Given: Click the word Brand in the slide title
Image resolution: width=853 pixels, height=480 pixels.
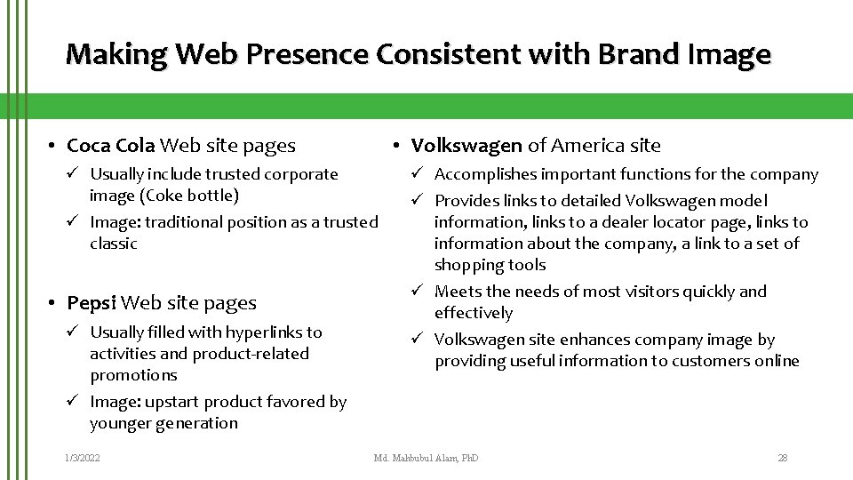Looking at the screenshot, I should tap(639, 55).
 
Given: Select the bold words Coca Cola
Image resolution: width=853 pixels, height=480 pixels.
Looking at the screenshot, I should tap(111, 145).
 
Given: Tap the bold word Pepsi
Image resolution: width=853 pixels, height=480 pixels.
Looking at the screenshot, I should tap(92, 303).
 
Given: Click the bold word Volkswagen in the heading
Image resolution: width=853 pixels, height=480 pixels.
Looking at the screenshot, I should tap(466, 145).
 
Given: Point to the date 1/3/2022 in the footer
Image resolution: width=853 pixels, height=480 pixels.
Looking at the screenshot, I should tap(82, 458).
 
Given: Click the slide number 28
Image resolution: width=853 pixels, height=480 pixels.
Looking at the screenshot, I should tap(782, 458).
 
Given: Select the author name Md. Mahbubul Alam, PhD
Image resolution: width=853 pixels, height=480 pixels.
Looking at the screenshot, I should tap(426, 458).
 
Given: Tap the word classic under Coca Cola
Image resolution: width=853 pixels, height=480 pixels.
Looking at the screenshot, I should tap(114, 244).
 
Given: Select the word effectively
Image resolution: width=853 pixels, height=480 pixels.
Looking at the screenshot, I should tap(473, 313).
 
